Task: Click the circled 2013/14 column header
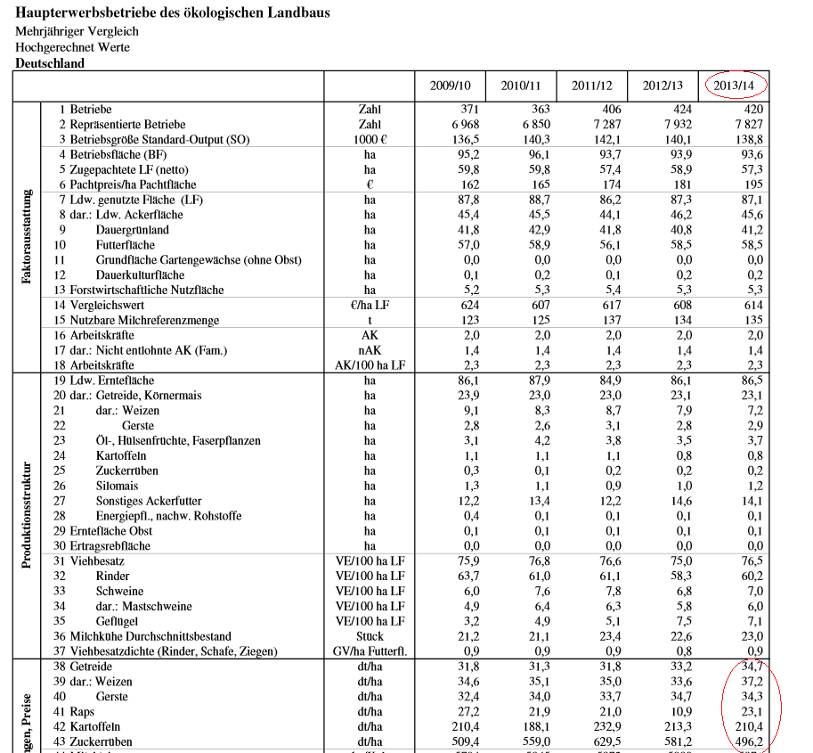coord(736,86)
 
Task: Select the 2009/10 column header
coord(450,86)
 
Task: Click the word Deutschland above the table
coord(50,63)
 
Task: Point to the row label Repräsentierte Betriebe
coord(117,124)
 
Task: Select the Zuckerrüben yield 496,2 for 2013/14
coord(744,742)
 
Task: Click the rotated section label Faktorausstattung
coord(28,236)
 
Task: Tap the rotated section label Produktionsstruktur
coord(28,515)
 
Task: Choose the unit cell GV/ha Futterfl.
coord(369,651)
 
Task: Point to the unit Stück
coord(369,636)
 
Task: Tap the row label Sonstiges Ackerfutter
coord(149,500)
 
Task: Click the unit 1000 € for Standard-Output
coord(369,139)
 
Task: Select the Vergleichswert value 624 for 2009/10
coord(467,305)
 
